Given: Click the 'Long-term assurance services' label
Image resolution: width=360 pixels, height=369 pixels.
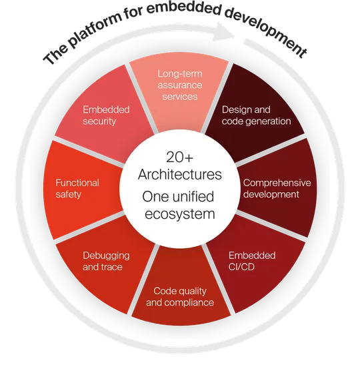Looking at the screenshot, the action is [x=180, y=85].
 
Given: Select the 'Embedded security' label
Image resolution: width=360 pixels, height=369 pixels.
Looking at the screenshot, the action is [x=106, y=115].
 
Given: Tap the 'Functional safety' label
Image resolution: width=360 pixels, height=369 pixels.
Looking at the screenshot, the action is [x=77, y=189].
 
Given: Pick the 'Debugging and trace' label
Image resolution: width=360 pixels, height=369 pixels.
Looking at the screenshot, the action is [x=106, y=261].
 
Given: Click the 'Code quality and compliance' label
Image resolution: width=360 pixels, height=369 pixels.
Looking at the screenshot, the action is [x=180, y=297].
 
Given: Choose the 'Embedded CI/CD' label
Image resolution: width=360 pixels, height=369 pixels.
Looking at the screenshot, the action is [x=252, y=261].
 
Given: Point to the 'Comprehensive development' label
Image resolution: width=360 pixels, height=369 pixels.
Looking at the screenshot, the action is [x=277, y=189].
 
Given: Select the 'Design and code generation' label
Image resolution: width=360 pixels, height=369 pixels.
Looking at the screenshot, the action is [x=256, y=115].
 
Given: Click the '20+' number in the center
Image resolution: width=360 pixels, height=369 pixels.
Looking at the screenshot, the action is [x=179, y=157].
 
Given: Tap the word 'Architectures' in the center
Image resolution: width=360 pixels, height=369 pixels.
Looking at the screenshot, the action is [x=180, y=174].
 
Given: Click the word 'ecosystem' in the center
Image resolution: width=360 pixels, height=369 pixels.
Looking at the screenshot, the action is [x=180, y=214].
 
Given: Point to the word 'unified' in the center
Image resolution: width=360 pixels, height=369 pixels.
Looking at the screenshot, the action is [x=194, y=197].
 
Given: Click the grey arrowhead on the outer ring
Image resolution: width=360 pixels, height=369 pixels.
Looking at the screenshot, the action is [x=225, y=32].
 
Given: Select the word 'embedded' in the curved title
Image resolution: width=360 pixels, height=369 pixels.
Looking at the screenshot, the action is [x=185, y=10].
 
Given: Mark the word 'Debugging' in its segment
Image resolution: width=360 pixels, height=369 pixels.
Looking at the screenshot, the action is [x=106, y=256].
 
